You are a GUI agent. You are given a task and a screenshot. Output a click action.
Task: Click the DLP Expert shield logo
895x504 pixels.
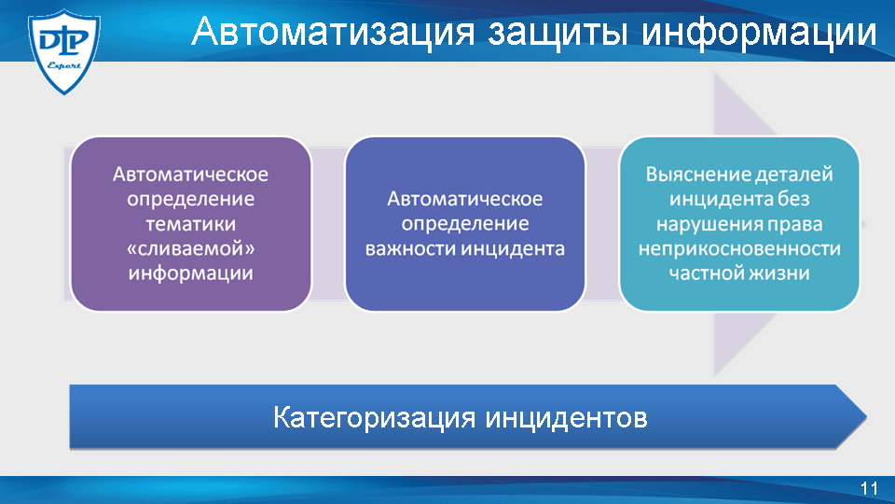coord(64,51)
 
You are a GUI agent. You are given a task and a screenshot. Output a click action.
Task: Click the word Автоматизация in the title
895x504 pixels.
coord(333,31)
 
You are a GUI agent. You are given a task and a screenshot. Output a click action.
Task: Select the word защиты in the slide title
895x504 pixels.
coord(558,33)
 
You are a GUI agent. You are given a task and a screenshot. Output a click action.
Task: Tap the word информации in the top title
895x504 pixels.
coord(759,32)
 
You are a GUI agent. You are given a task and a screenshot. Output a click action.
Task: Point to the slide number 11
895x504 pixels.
coord(869,488)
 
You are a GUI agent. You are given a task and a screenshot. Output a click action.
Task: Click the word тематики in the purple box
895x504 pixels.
coord(190,223)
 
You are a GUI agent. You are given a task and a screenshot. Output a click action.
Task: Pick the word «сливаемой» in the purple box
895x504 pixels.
coord(190,248)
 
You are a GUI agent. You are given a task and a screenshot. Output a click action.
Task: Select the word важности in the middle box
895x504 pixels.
coord(410,248)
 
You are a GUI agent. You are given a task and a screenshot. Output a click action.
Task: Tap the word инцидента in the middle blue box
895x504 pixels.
coord(513,249)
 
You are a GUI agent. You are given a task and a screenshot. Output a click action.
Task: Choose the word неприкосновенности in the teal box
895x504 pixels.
coord(739,248)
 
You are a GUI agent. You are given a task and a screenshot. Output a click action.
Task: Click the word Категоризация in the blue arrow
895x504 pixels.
coord(375,418)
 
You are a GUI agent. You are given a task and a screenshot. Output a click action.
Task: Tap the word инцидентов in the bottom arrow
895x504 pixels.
coord(567,418)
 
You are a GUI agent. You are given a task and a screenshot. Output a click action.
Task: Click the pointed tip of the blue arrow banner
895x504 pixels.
coord(866,416)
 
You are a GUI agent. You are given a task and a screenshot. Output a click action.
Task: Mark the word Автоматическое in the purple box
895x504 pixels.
coord(190,174)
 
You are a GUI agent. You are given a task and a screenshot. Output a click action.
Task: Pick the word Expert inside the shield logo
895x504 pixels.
coord(63,65)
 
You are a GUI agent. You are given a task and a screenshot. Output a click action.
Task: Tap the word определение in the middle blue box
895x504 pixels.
coord(464,223)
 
